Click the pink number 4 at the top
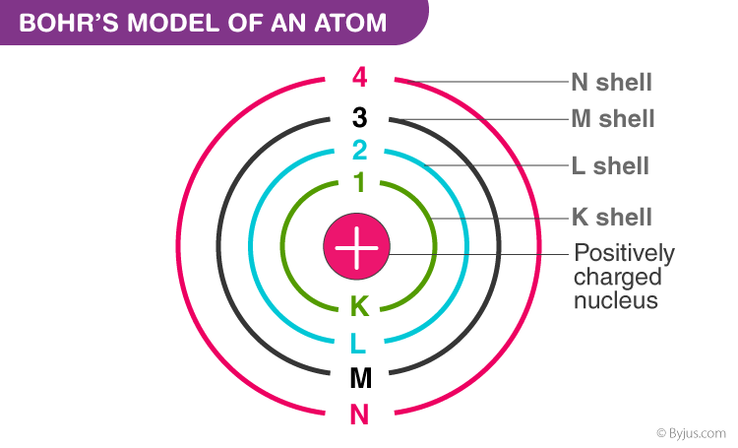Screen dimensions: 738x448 [x=359, y=77]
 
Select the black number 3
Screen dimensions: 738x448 [x=359, y=118]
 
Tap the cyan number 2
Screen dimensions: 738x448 [x=359, y=151]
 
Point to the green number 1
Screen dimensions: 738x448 [x=359, y=182]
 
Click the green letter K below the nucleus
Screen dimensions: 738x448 [x=359, y=306]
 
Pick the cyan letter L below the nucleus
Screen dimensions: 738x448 [x=358, y=343]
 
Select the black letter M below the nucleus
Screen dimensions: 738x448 [x=361, y=378]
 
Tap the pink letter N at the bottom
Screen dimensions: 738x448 [x=359, y=415]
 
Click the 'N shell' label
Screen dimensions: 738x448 [x=611, y=83]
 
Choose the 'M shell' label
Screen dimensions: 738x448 [x=613, y=119]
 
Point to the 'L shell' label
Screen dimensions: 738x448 [x=610, y=165]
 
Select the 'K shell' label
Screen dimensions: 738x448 [x=612, y=218]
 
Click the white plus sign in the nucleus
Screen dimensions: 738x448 [x=356, y=247]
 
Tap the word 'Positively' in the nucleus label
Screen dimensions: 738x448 [x=624, y=254]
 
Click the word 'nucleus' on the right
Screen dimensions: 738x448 [x=616, y=300]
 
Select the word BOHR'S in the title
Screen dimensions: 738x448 [x=69, y=23]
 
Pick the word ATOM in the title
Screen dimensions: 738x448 [x=350, y=23]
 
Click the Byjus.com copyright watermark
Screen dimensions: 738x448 [x=691, y=433]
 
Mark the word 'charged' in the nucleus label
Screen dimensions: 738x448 [x=618, y=278]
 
